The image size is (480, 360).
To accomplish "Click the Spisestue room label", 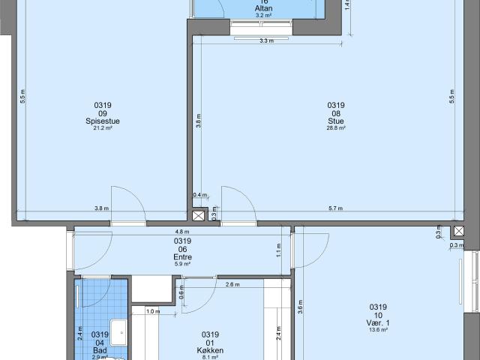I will (103, 121).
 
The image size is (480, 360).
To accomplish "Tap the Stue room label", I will (335, 121).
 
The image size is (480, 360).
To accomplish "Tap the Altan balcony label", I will (262, 8).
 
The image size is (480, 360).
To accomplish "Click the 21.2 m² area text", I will (103, 128).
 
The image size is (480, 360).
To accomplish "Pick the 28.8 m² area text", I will (335, 128).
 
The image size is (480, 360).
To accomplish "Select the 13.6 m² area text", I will (377, 330).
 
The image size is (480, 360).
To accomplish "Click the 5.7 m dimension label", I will (335, 208).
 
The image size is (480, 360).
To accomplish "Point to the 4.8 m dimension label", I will (181, 232).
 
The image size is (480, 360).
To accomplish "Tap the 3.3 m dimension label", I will (265, 41).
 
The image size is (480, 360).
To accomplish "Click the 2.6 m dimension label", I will (232, 285).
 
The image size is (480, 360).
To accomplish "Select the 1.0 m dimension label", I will (153, 311).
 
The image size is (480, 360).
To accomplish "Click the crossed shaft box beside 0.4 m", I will (199, 216).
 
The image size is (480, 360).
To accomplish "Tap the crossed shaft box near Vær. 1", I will (457, 231).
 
